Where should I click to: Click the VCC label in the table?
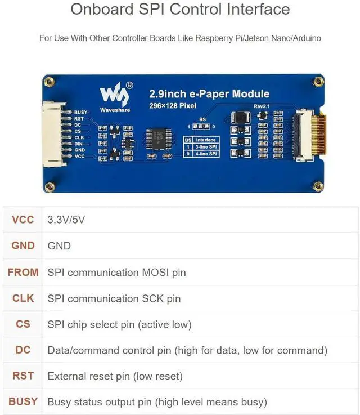23,220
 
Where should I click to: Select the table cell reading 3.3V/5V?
66,220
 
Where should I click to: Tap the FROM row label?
23,273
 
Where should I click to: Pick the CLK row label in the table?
23,298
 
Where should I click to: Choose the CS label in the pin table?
23,324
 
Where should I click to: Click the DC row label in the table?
23,350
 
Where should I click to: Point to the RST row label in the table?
23,376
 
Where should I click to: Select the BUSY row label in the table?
23,401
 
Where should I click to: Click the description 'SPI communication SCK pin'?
114,298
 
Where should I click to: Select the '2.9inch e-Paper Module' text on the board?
209,94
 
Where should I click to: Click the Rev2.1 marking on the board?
262,106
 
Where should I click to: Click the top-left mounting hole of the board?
49,82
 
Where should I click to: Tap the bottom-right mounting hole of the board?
318,185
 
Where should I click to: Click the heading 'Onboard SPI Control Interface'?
180,10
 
